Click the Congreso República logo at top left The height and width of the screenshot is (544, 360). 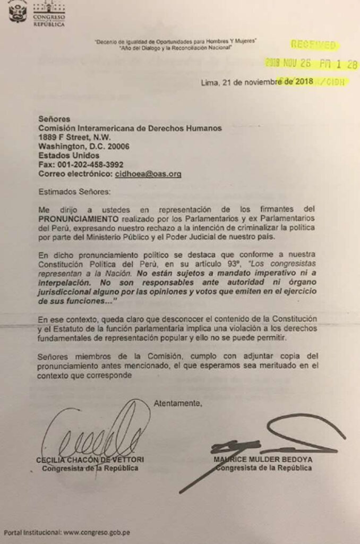(37, 13)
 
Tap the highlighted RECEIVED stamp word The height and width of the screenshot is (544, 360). (313, 45)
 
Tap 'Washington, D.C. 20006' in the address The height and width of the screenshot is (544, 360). (83, 146)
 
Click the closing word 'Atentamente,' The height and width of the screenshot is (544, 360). (178, 403)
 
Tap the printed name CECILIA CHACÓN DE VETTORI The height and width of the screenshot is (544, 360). (90, 459)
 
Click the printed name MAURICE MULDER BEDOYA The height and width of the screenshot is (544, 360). (263, 459)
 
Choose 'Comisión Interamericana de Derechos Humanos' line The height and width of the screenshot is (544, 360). (130, 128)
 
